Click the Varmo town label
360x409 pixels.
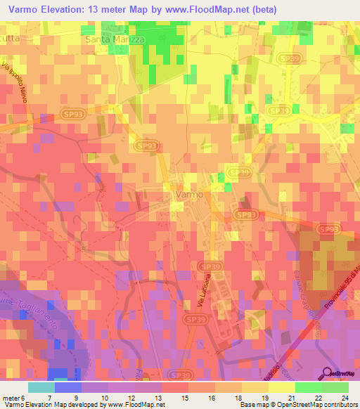pos(188,194)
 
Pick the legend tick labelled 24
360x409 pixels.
pos(345,397)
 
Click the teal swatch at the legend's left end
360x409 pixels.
pos(41,387)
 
